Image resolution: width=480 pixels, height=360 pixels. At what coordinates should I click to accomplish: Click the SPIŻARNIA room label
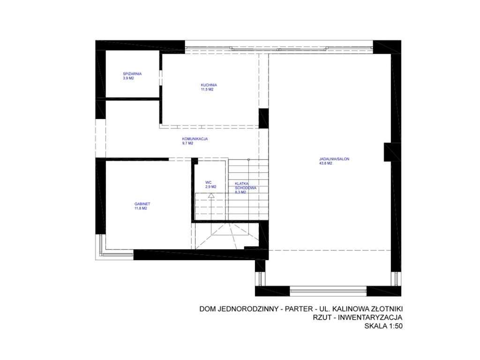132,74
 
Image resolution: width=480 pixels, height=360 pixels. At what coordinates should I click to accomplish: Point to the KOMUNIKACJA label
195,139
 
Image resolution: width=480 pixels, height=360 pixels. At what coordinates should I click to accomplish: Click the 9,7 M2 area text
187,143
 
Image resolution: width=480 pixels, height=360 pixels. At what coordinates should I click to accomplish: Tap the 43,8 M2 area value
325,164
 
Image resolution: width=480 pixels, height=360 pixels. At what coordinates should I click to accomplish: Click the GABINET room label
142,204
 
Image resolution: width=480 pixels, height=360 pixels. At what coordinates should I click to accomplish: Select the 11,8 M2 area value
141,209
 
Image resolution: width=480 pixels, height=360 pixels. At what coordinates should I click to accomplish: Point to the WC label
209,182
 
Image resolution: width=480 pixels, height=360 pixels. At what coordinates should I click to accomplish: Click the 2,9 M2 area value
210,187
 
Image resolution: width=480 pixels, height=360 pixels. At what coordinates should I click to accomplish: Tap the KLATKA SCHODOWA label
245,185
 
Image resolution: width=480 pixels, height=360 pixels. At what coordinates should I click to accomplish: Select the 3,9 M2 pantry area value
128,78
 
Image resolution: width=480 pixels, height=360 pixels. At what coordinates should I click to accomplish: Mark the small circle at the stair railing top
248,160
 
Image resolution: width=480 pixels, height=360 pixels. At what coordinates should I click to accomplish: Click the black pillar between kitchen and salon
263,118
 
